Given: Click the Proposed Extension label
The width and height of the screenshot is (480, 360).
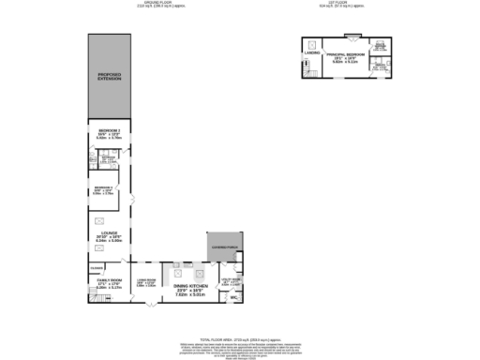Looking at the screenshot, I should [111, 75].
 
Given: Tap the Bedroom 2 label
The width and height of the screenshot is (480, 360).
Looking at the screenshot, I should [111, 130].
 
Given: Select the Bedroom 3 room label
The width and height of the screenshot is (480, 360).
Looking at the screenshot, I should [103, 190].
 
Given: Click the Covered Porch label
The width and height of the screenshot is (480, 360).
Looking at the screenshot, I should [225, 247].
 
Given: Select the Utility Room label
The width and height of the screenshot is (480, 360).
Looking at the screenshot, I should [231, 279].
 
